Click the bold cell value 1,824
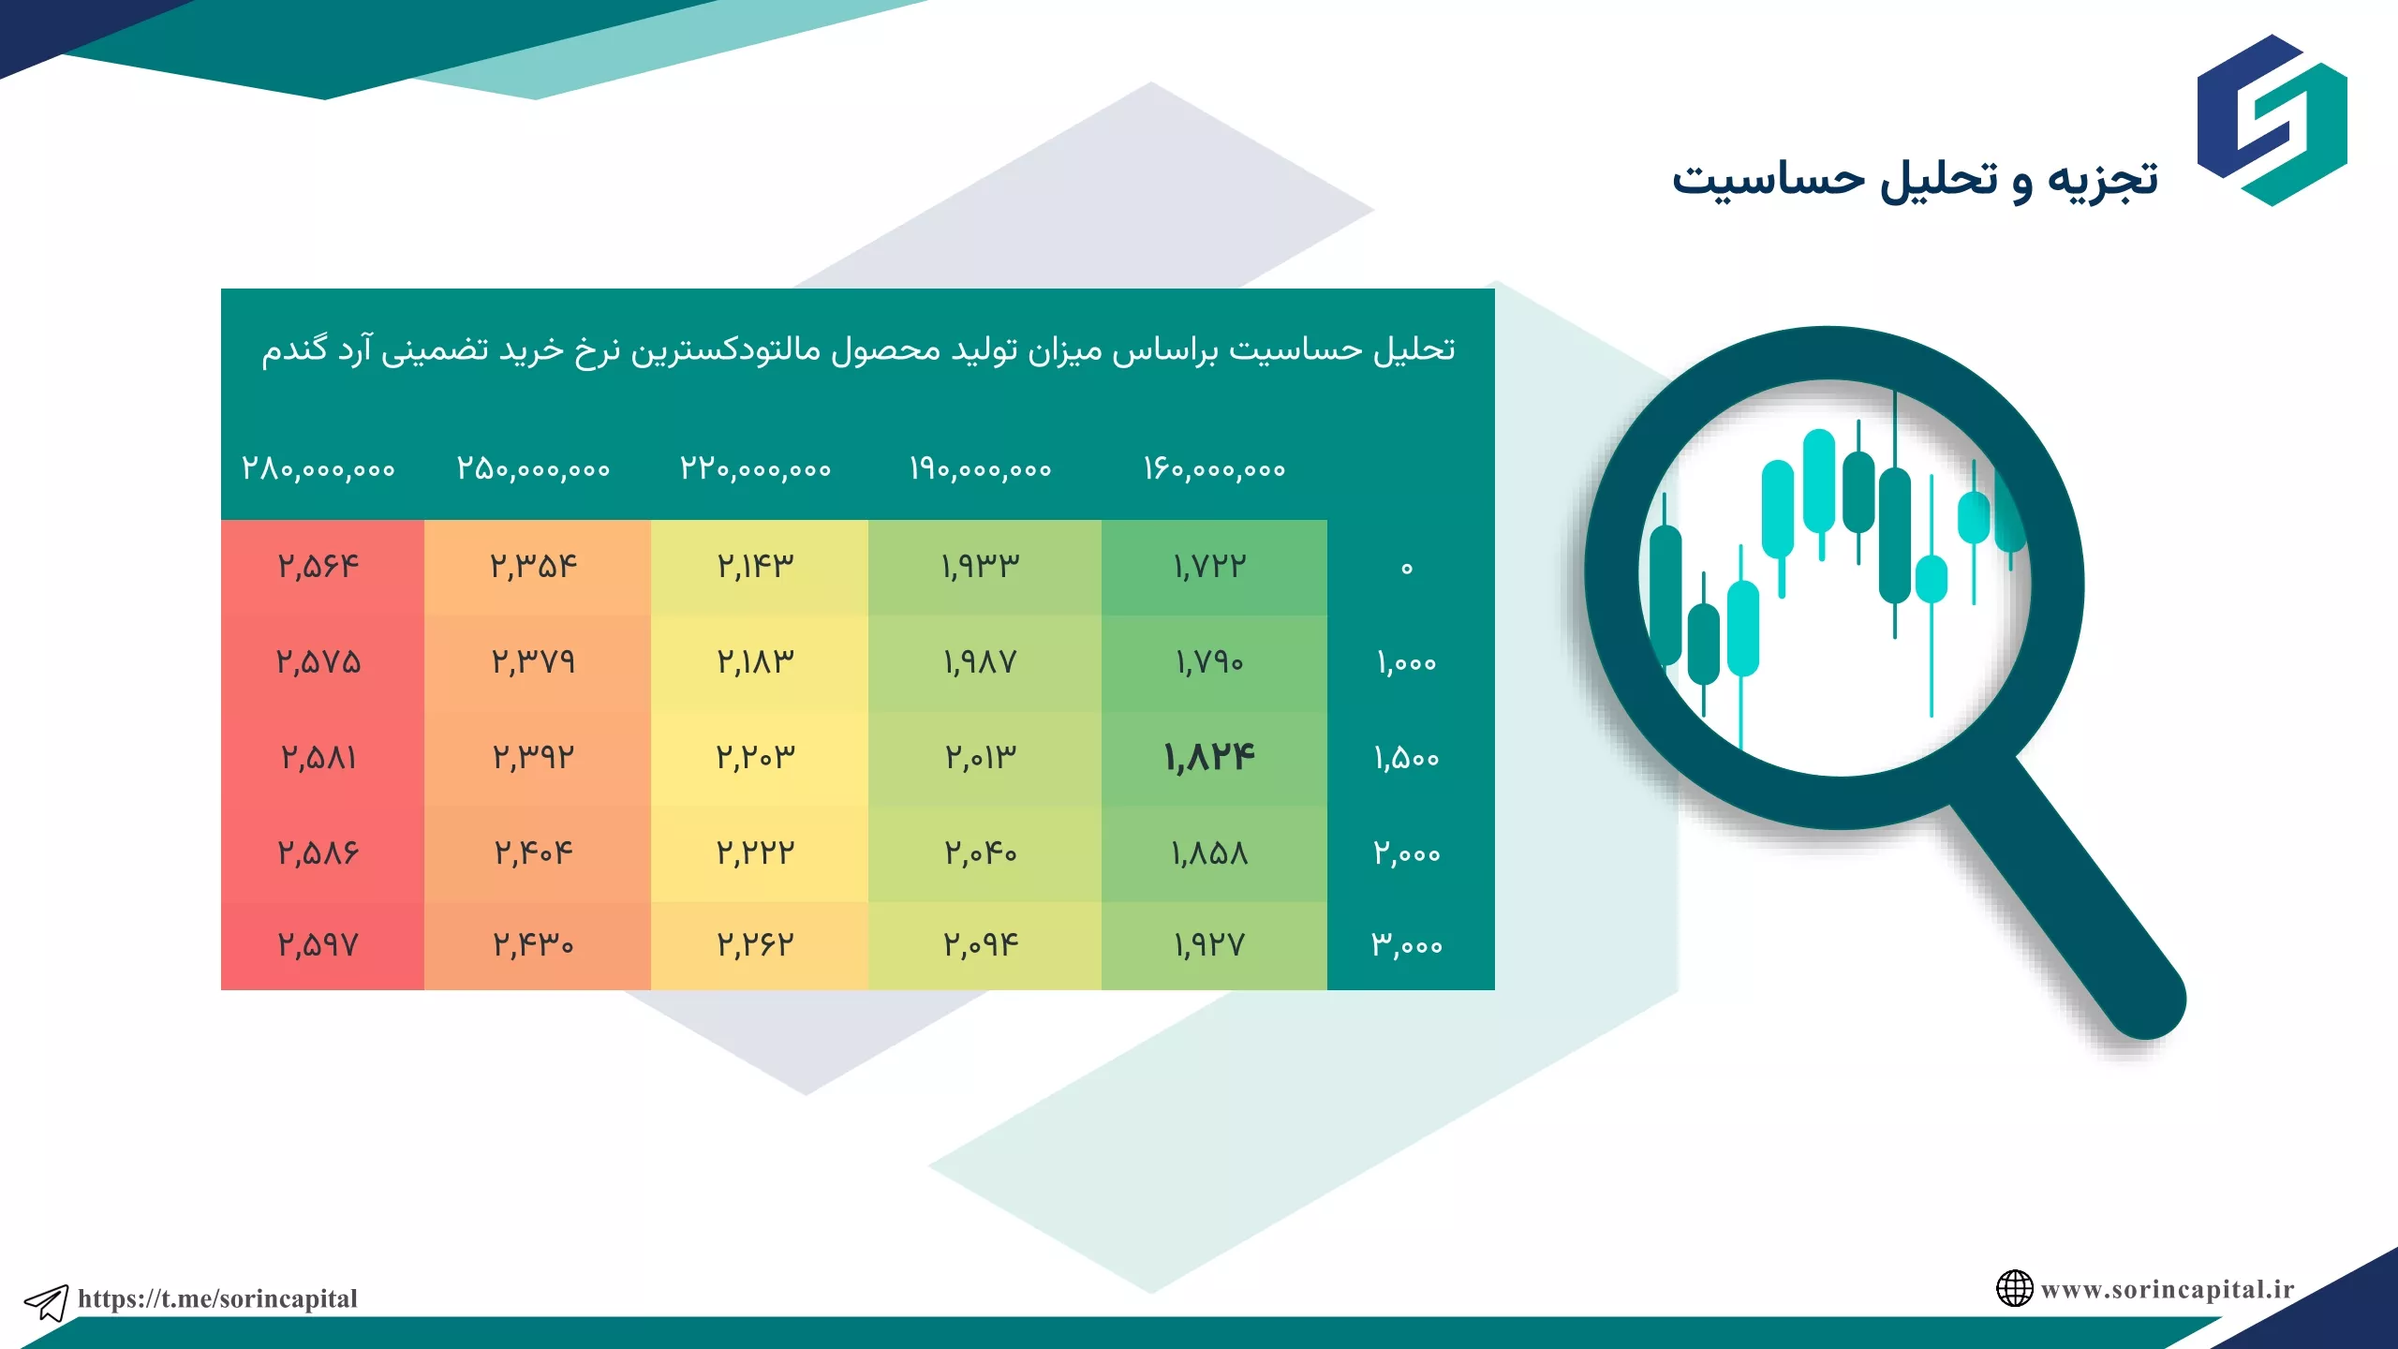click(1209, 757)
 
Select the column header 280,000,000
click(318, 468)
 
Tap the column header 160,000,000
click(1214, 468)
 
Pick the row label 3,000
click(1406, 944)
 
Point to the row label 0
click(1406, 568)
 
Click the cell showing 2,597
click(318, 944)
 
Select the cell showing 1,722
click(1209, 566)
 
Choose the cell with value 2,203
click(756, 757)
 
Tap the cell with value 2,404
click(533, 852)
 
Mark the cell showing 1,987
click(980, 662)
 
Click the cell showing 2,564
click(318, 566)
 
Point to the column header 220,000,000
click(756, 468)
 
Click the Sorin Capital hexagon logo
click(2272, 120)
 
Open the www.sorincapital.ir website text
click(2168, 1289)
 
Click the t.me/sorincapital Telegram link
click(217, 1298)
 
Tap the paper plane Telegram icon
click(46, 1302)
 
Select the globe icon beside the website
click(2014, 1288)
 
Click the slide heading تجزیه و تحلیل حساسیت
click(1915, 178)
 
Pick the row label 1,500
click(1406, 757)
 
